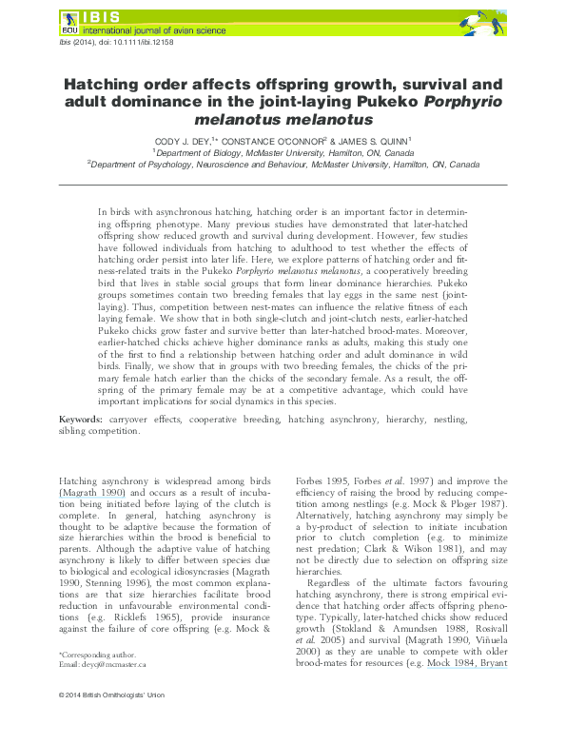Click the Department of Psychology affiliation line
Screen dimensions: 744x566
click(283, 164)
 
